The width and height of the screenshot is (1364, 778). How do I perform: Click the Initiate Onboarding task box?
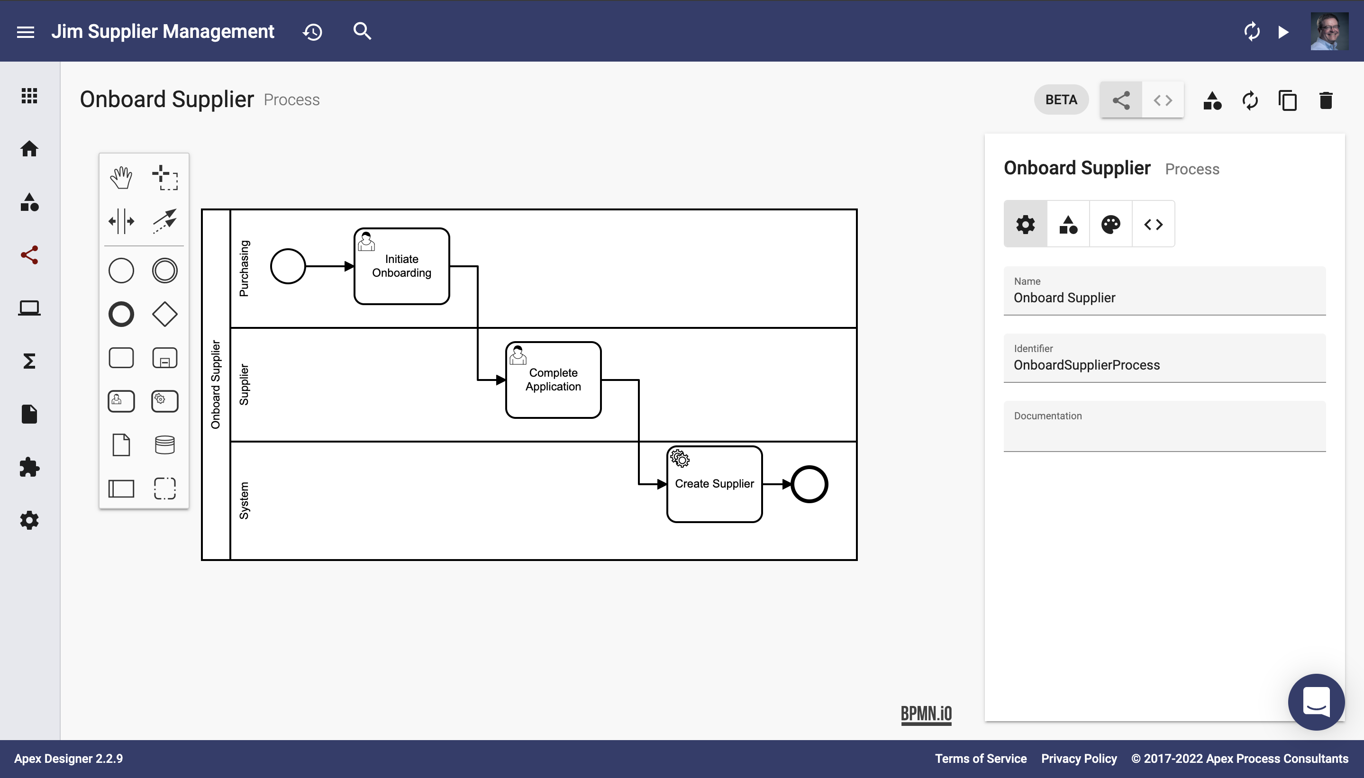(x=401, y=266)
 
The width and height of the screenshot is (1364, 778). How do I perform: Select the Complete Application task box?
(x=553, y=380)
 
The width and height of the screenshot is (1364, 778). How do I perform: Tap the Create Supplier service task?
(x=714, y=484)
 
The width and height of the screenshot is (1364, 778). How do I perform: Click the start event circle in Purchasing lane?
(x=288, y=266)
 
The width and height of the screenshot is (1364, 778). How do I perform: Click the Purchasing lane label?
(x=244, y=268)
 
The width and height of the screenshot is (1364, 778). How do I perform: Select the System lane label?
(x=244, y=501)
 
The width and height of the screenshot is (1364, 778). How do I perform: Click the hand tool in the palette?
(x=121, y=177)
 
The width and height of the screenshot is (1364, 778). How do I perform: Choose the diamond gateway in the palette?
(x=164, y=314)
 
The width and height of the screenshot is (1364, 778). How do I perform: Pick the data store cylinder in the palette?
(x=164, y=444)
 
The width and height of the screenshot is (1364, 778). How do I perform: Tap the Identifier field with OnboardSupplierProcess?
(x=1164, y=358)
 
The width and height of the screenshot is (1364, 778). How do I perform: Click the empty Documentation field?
(x=1164, y=426)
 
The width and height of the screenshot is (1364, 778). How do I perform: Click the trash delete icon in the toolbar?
(x=1326, y=100)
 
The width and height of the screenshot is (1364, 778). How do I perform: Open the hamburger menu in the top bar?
(x=26, y=32)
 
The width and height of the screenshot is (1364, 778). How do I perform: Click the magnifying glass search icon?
(x=362, y=31)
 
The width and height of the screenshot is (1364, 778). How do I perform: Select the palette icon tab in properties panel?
(x=1110, y=225)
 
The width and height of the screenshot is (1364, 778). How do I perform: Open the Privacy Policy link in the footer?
(x=1079, y=758)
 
